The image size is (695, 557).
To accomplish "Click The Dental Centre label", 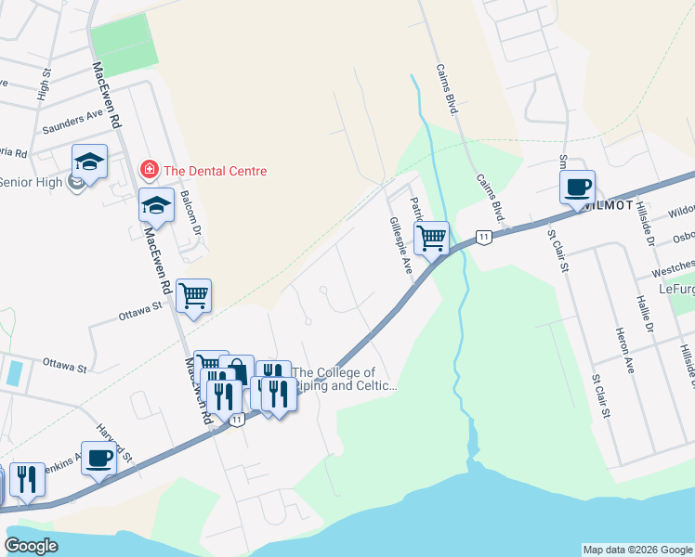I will [215, 171].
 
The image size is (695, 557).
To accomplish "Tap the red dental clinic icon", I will [148, 170].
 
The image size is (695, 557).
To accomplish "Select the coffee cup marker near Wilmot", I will [577, 188].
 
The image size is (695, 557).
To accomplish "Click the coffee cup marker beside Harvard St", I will [99, 458].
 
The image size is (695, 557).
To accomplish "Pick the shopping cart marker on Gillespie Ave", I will [432, 238].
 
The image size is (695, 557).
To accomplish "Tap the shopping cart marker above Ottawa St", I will [194, 296].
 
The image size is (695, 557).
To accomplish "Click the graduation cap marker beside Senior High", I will [89, 162].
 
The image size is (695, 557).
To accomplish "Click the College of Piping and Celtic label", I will [345, 379].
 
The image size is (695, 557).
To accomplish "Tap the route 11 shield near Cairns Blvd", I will [483, 238].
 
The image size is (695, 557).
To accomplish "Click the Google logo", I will [32, 545].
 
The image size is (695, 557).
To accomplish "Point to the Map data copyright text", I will [637, 550].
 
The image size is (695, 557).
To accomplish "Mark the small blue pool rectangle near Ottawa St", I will [14, 373].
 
